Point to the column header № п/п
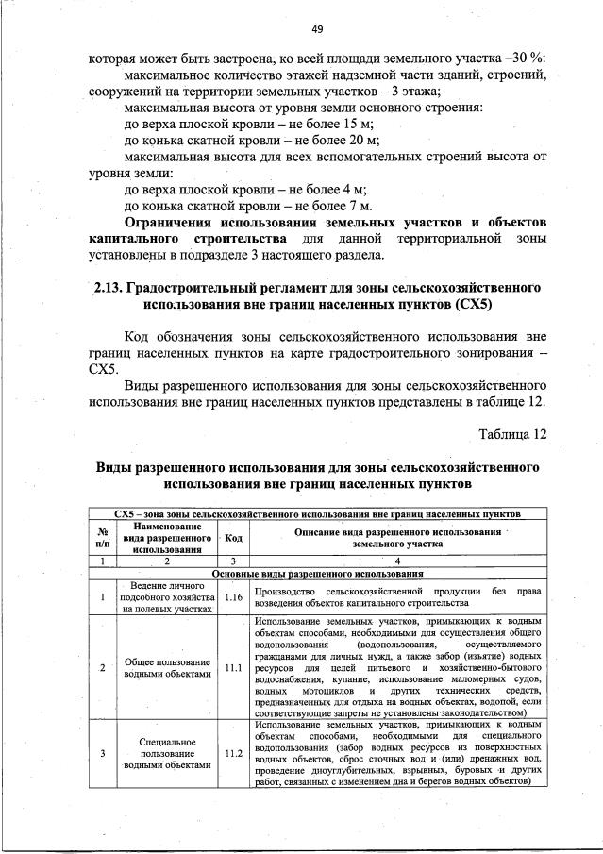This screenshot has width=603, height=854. click(102, 537)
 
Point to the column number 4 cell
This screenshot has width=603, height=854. click(396, 561)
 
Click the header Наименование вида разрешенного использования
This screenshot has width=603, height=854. click(166, 537)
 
